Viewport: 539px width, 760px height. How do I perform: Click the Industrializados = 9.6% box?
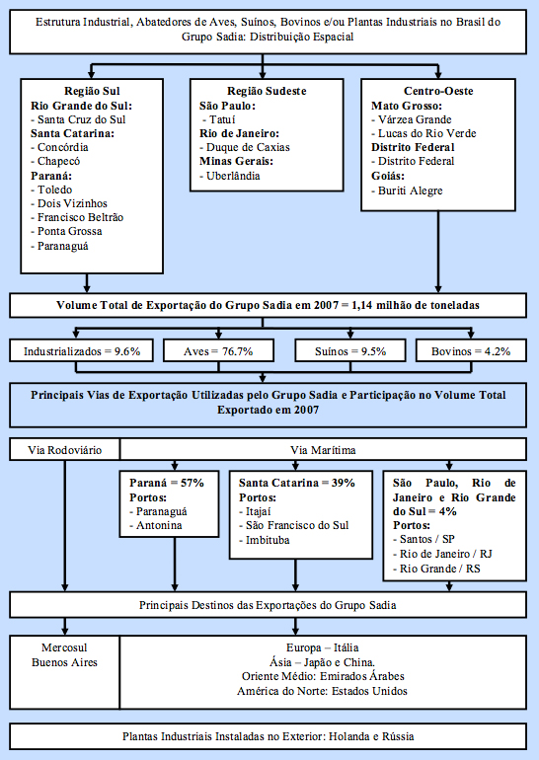coord(81,351)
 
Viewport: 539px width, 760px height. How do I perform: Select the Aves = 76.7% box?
coord(218,351)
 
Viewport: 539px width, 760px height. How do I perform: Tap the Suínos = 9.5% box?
coord(350,351)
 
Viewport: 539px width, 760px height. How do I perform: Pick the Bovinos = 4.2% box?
coord(471,351)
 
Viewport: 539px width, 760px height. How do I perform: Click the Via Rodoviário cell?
coord(64,450)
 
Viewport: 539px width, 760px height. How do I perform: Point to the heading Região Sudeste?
coord(267,91)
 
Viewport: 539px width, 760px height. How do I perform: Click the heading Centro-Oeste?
coord(438,91)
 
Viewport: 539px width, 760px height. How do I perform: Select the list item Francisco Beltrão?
coord(77,217)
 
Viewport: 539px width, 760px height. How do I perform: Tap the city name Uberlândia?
coord(230,176)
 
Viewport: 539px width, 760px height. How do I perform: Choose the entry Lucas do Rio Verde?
coord(423,133)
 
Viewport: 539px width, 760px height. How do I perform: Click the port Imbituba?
coord(265,540)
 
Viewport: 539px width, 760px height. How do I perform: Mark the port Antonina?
coord(156,525)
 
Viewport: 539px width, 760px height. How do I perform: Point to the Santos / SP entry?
coord(423,539)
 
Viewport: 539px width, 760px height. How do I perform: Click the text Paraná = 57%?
coord(167,483)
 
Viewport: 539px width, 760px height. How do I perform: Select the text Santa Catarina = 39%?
coord(296,483)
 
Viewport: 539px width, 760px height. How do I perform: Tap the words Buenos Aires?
coord(64,662)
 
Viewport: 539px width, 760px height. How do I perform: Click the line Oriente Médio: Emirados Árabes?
coord(323,676)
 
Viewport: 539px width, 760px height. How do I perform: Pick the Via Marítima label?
coord(324,450)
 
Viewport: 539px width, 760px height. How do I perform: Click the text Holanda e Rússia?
coord(371,736)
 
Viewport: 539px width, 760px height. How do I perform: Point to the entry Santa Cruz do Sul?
coord(78,119)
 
